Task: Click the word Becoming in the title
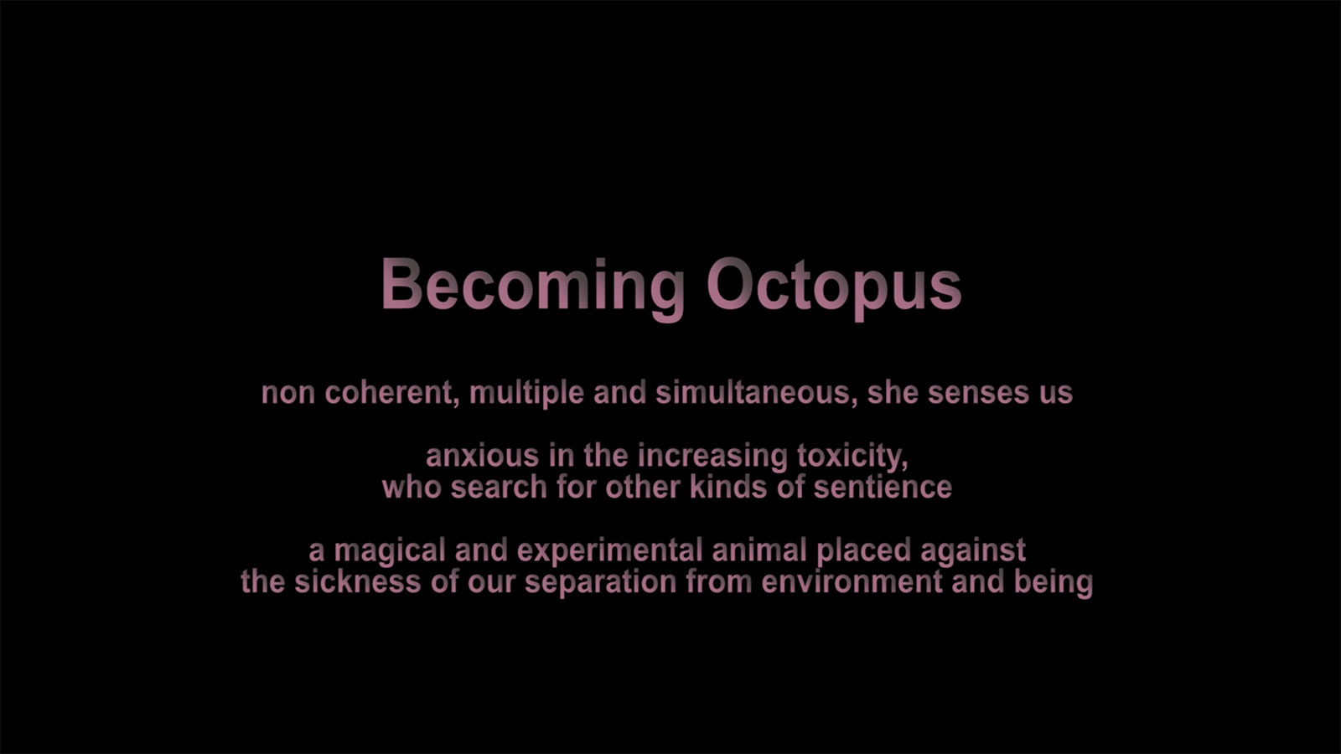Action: [x=533, y=289]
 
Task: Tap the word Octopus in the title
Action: [x=834, y=289]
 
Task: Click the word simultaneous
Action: [x=757, y=393]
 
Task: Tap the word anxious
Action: [x=483, y=457]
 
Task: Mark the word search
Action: [x=499, y=488]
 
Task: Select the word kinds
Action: [x=728, y=488]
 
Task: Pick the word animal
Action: [x=759, y=550]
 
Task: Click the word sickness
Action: [x=357, y=582]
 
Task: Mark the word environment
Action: [x=852, y=582]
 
